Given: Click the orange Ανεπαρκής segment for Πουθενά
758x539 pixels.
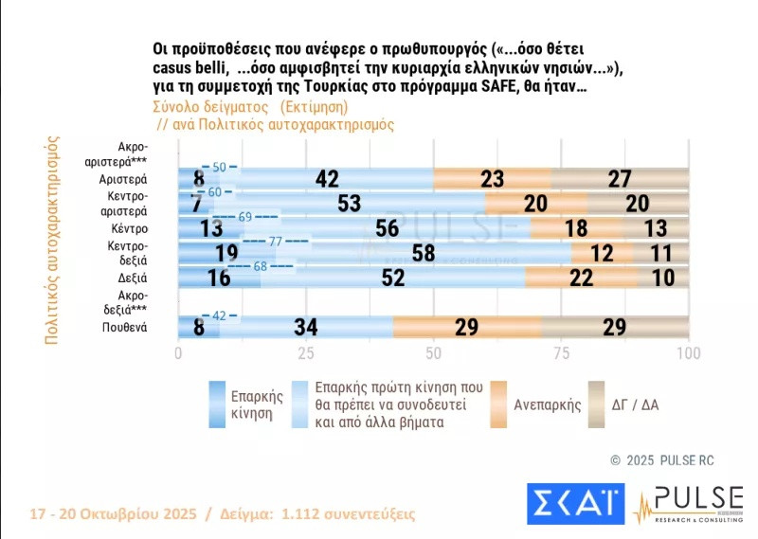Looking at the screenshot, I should tap(466, 327).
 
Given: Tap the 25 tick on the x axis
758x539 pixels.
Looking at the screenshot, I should tap(306, 354).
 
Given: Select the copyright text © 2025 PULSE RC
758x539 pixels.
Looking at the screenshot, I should tap(662, 460).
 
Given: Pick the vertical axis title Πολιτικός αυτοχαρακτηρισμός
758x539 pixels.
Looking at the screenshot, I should tap(52, 243).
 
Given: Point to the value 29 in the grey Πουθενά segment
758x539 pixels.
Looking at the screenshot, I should tap(615, 327).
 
